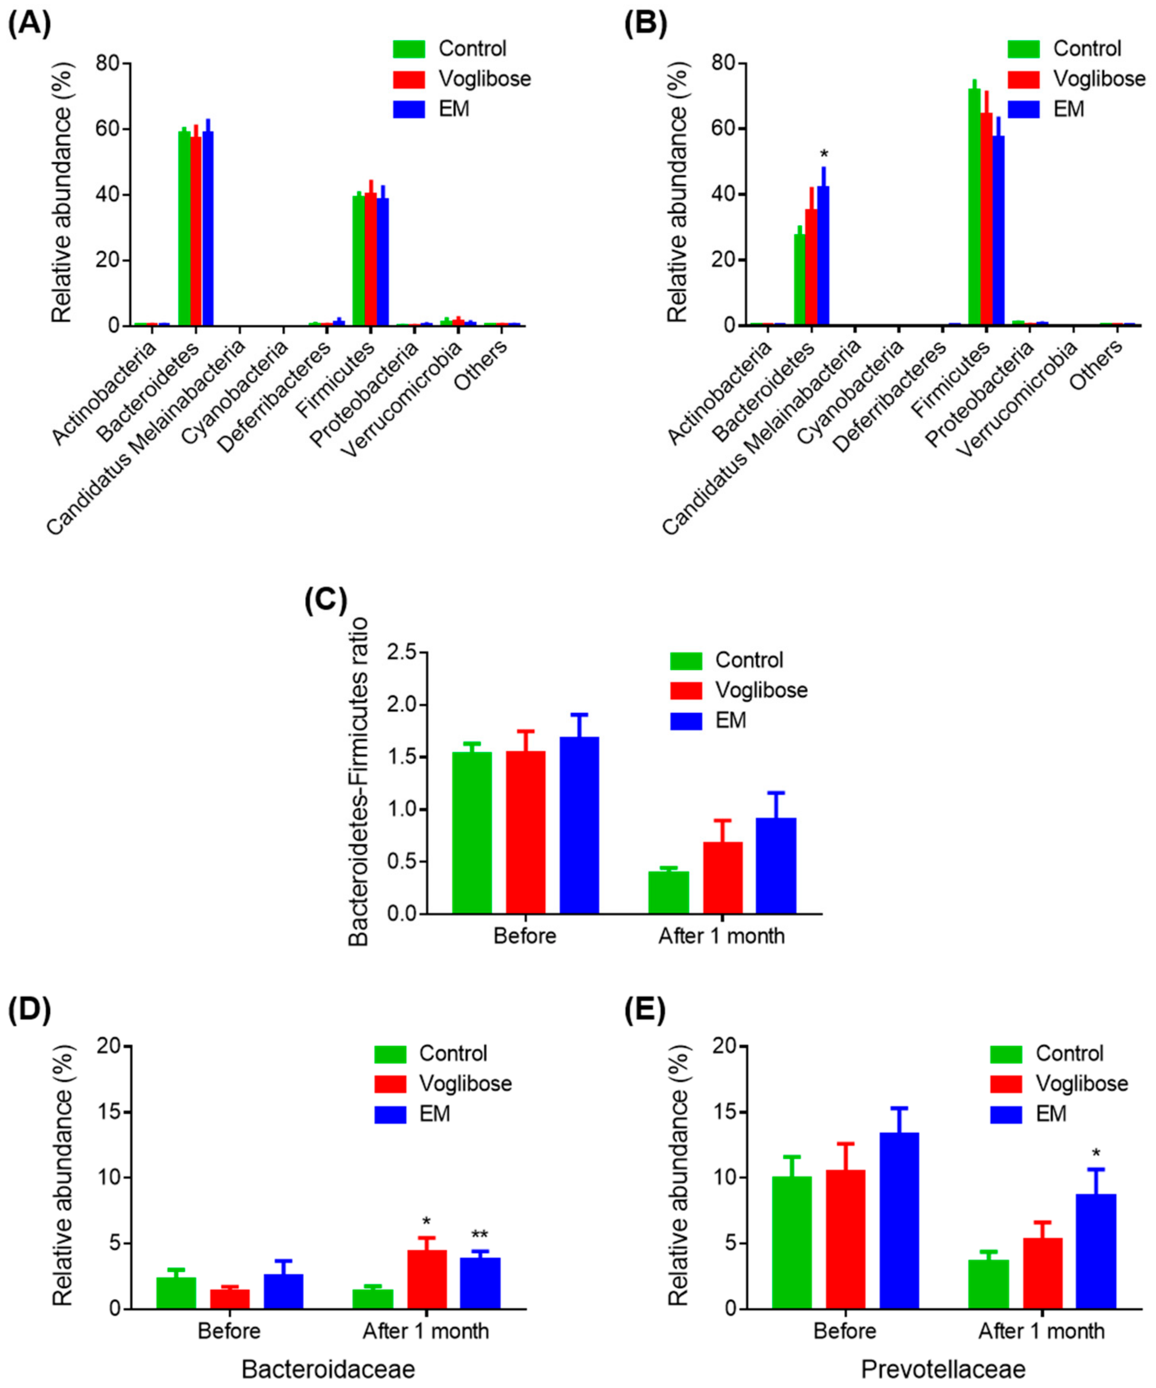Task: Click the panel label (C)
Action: (326, 601)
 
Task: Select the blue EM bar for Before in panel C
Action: (579, 826)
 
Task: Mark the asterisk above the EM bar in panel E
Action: (1096, 1154)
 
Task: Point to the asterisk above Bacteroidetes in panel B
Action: (824, 155)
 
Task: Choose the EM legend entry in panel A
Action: (454, 109)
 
